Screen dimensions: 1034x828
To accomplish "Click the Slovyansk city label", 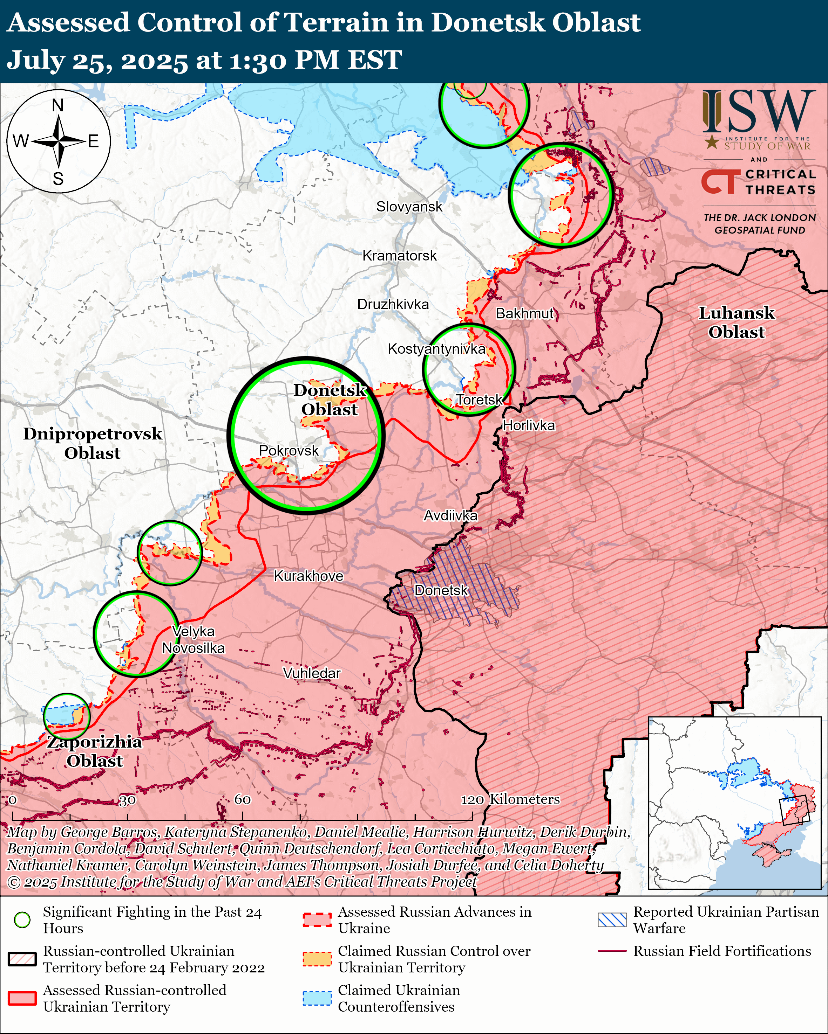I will (409, 207).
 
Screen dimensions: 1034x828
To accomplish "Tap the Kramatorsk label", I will (399, 256).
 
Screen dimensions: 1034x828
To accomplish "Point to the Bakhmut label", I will (525, 314).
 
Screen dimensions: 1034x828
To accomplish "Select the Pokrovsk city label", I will (289, 451).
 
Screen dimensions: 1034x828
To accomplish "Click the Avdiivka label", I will (450, 515).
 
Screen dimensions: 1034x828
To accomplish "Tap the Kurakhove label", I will (308, 576).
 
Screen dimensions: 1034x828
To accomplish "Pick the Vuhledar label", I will (312, 673).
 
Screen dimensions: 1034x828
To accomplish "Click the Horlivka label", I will (529, 425).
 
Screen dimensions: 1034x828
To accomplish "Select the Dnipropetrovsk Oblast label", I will (92, 443).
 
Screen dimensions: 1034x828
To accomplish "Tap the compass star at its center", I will (59, 141).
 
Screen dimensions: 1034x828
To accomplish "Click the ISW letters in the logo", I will (758, 112).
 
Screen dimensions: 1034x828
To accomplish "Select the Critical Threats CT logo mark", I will (719, 182).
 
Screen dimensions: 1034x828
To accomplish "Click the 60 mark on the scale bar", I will (242, 799).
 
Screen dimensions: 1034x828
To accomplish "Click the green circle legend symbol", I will (22, 920).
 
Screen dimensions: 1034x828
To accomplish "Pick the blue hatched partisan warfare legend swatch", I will (612, 920).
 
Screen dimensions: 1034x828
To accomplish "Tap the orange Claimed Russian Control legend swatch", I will (317, 959).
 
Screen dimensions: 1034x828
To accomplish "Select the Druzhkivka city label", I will (393, 305).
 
